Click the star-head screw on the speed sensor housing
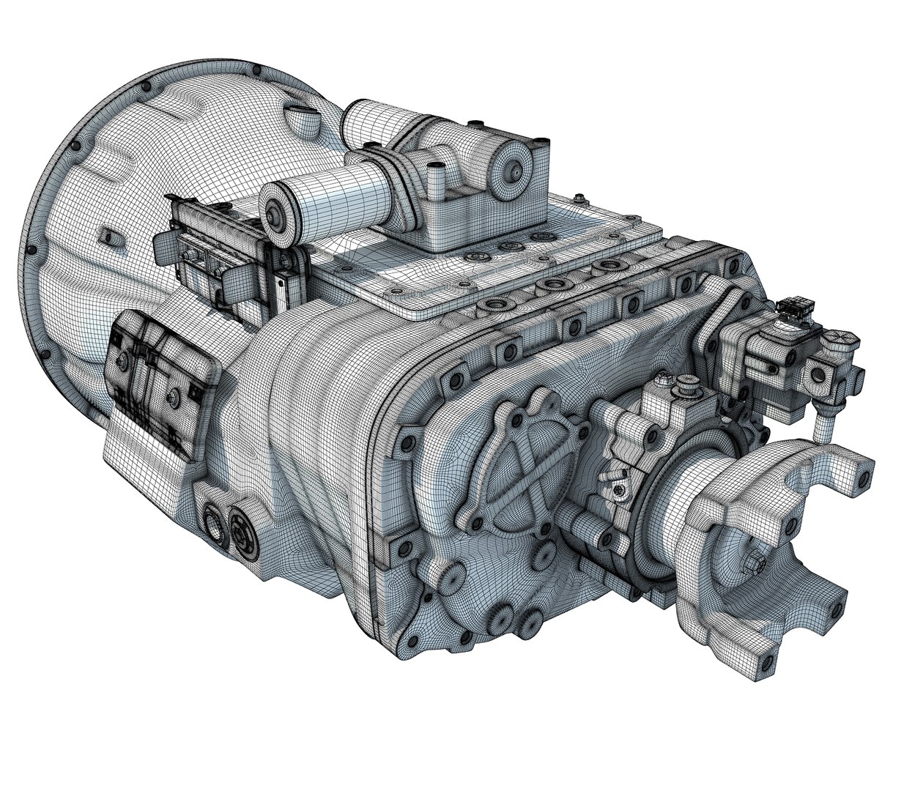point(620,490)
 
